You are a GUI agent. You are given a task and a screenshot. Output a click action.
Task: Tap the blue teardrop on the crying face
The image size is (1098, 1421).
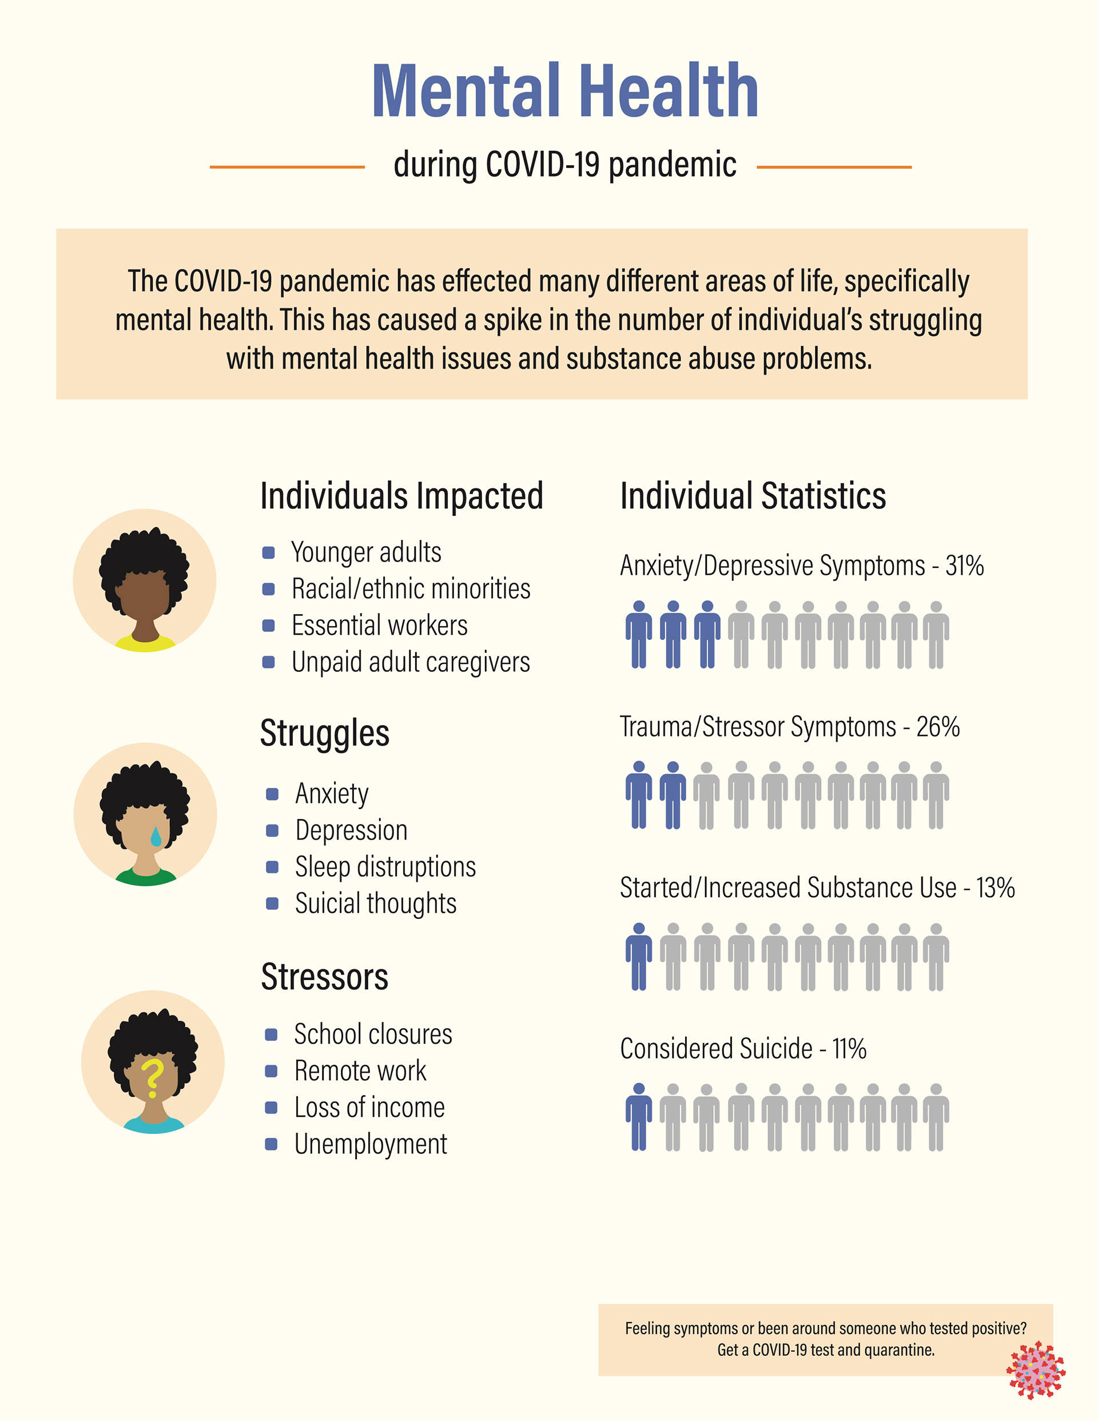[156, 836]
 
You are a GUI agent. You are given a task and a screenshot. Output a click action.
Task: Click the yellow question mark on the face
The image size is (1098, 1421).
[152, 1078]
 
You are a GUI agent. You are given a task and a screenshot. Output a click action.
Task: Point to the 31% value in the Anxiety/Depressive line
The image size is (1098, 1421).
[964, 566]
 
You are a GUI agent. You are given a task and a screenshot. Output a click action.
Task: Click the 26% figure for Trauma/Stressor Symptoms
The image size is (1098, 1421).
[938, 727]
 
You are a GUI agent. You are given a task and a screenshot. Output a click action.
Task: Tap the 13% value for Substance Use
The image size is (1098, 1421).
[995, 887]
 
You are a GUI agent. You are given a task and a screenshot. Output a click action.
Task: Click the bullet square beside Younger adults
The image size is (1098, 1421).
[268, 553]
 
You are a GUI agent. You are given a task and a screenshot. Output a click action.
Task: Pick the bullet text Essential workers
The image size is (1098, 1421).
[380, 625]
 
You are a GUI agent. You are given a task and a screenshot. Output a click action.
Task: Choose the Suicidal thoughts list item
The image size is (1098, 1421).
[376, 903]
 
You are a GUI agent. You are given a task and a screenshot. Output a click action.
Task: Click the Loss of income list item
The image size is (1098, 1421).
[369, 1108]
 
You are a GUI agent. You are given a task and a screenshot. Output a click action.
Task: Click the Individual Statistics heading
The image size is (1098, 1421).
[753, 496]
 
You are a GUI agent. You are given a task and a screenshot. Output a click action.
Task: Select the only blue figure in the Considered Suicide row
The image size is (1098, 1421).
[639, 1117]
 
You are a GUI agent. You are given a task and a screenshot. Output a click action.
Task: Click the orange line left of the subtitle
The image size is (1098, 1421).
[287, 167]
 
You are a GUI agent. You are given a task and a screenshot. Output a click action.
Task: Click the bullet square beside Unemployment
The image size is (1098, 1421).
[272, 1144]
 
